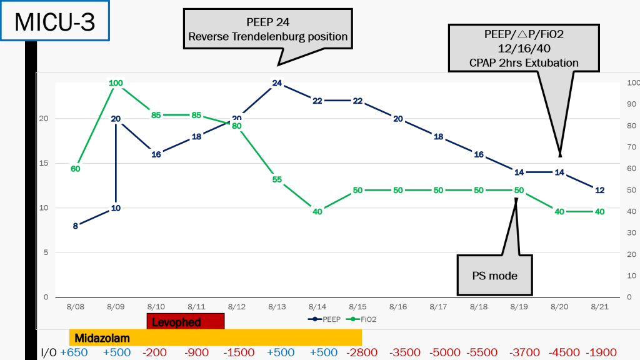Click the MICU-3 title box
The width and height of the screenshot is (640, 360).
pos(54,21)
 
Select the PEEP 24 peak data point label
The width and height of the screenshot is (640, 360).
pos(277,83)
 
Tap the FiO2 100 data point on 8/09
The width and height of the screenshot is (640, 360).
pos(116,83)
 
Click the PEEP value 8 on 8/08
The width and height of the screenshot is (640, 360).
pos(76,226)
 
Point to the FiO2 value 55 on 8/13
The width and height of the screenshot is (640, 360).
pos(277,179)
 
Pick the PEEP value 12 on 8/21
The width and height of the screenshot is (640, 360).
pos(599,190)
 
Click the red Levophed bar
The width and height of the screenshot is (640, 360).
pos(185,322)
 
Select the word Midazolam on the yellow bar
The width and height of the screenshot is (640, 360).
pos(102,338)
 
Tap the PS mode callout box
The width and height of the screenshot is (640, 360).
pos(494,275)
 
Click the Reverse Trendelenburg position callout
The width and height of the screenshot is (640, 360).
pos(268,29)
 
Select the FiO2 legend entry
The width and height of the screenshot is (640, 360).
pos(366,319)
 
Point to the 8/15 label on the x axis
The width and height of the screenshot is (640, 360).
pos(357,307)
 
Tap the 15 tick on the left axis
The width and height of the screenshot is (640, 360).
pos(44,164)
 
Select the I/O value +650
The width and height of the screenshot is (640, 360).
pos(74,352)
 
